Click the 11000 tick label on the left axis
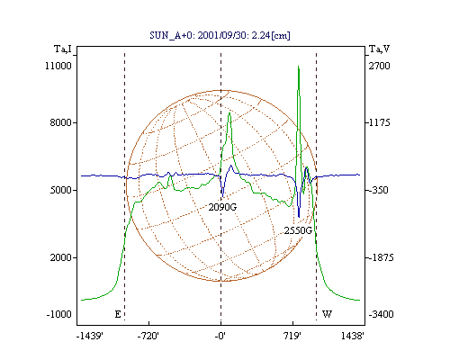pos(58,66)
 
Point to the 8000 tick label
pos(61,122)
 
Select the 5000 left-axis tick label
pos(61,190)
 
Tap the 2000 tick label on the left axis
pos(61,257)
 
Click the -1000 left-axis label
pos(58,314)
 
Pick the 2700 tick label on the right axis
pos(380,66)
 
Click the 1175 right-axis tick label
pos(380,122)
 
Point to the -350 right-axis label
pos(379,190)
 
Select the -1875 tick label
pos(381,257)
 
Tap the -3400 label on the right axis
pos(381,314)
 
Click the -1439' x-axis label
pos(90,336)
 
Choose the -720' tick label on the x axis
pos(148,336)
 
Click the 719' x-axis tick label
pos(292,336)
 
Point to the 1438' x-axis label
pos(353,336)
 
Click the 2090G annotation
pos(222,207)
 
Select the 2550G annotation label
pos(298,230)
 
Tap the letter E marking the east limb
pos(118,314)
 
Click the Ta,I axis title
pos(63,49)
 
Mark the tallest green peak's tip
pos(298,66)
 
